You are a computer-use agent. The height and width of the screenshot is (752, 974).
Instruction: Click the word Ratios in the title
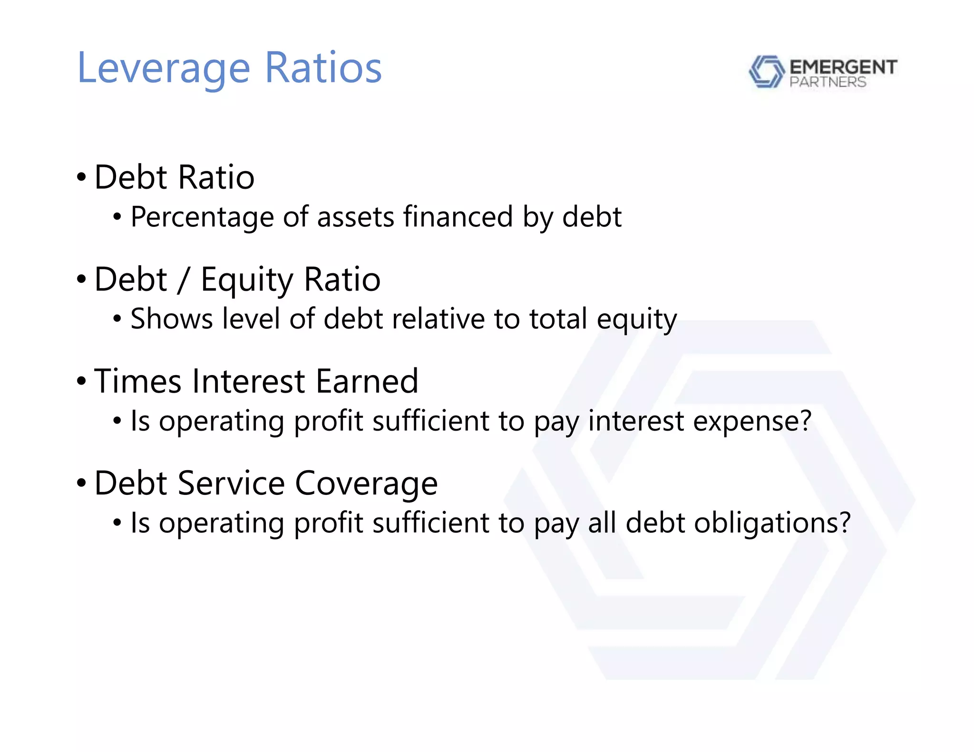(x=323, y=67)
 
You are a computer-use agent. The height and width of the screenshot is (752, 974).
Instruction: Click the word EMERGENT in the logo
(x=843, y=67)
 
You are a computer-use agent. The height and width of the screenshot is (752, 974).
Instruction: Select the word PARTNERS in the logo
(x=828, y=82)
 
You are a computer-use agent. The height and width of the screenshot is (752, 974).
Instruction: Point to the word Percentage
(x=202, y=218)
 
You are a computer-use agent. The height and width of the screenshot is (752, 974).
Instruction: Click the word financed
(x=458, y=217)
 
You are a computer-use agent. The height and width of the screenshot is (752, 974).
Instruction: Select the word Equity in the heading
(x=247, y=280)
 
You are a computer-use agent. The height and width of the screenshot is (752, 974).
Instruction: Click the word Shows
(x=171, y=318)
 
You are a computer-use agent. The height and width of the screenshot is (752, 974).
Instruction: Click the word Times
(x=137, y=381)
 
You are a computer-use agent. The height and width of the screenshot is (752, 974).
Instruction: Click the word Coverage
(x=366, y=483)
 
